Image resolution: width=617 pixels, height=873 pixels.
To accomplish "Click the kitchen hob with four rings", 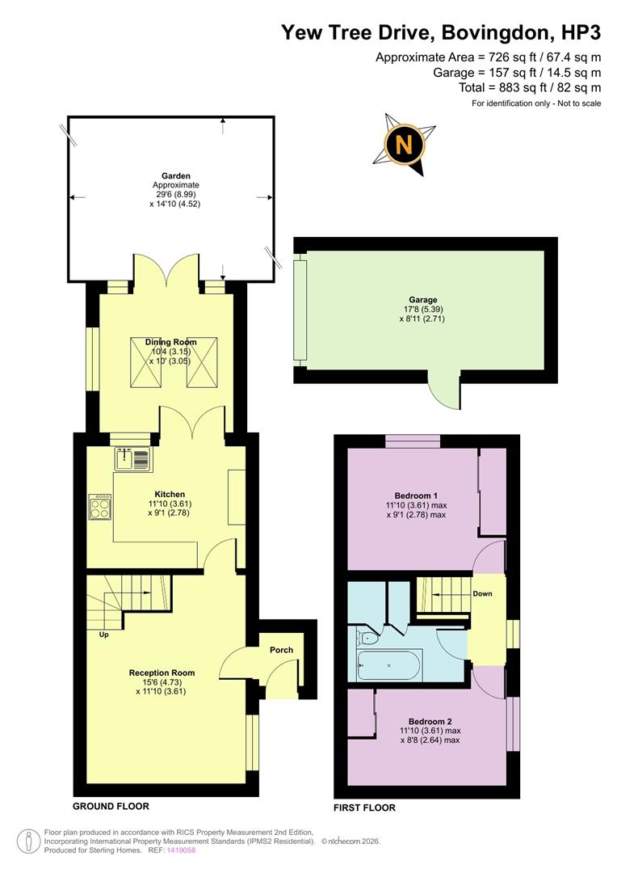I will [100, 507].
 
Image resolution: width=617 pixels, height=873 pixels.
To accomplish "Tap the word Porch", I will [282, 650].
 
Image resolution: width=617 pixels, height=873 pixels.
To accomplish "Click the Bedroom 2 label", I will [429, 721].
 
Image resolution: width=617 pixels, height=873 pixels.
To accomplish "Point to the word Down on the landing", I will [484, 593].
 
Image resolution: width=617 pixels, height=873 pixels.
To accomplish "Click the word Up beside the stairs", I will [103, 635].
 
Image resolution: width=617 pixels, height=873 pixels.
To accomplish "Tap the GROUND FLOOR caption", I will [111, 806].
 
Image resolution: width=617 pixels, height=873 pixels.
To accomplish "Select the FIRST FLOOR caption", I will [364, 807].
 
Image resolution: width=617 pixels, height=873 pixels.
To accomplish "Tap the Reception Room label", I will [162, 673].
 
